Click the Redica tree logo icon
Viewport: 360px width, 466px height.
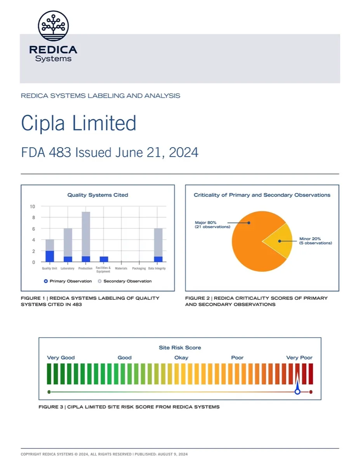tap(53, 26)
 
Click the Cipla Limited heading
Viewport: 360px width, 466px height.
tap(78, 123)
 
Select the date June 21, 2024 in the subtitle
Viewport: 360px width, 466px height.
tap(157, 153)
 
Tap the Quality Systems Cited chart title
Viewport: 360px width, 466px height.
tap(97, 195)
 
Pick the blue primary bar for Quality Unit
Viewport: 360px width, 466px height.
tap(50, 256)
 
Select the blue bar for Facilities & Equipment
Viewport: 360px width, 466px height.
tap(103, 259)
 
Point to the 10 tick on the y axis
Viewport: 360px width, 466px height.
tap(33, 206)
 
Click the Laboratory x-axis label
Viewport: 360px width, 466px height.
tap(68, 269)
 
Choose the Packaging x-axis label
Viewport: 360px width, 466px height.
tap(139, 269)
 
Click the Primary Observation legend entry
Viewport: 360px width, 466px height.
tap(68, 281)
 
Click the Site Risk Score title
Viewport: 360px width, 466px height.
tap(180, 348)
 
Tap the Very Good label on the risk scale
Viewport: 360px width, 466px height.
tap(61, 358)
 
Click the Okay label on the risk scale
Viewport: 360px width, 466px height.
tap(181, 358)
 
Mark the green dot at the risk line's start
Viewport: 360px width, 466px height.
tap(49, 392)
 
